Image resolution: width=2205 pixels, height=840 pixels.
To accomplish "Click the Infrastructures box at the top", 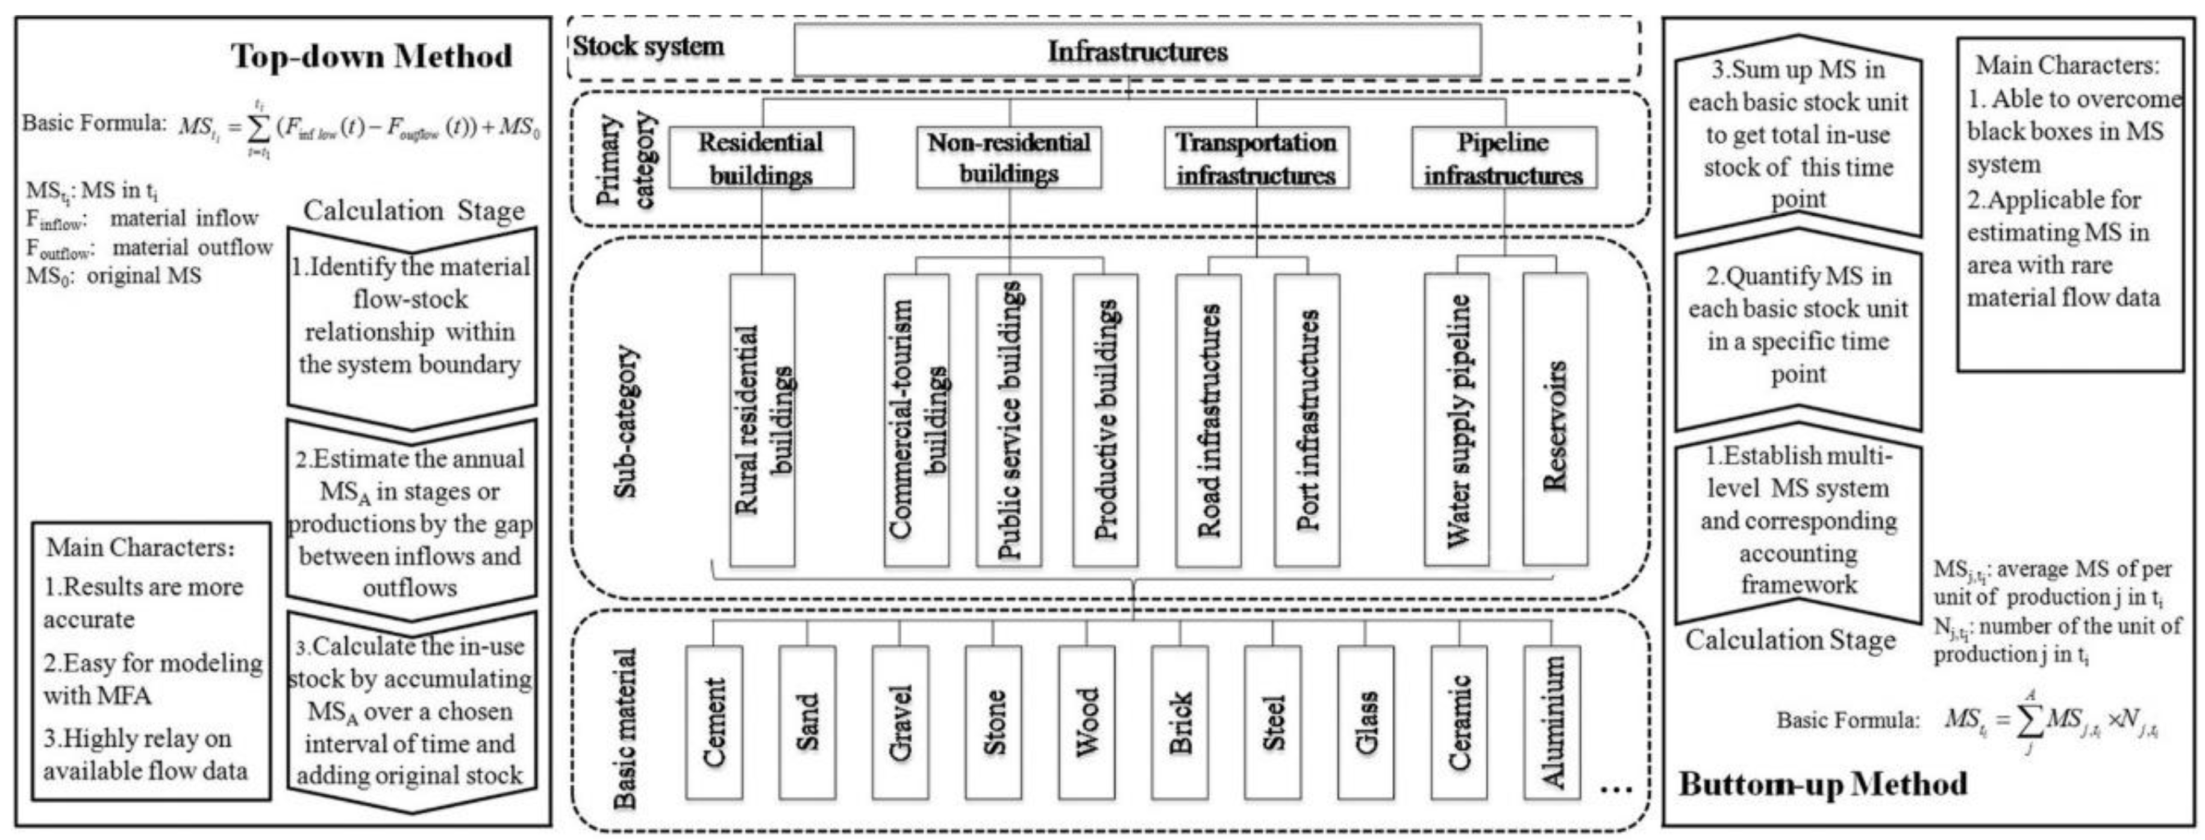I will coord(1137,51).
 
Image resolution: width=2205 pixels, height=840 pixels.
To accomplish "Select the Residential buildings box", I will coord(761,157).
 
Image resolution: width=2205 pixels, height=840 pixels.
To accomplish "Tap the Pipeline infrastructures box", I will coord(1504,157).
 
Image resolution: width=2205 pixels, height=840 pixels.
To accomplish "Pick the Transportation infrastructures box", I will coord(1256,157).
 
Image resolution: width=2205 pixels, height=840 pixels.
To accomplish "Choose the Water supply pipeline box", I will coord(1457,419).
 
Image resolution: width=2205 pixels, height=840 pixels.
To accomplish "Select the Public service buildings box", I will coord(1009,419).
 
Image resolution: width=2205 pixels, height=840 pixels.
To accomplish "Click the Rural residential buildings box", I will coord(762,419).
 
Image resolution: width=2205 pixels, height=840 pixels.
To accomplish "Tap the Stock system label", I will coord(648,46).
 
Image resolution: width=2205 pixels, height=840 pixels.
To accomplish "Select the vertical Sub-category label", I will coord(626,421).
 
